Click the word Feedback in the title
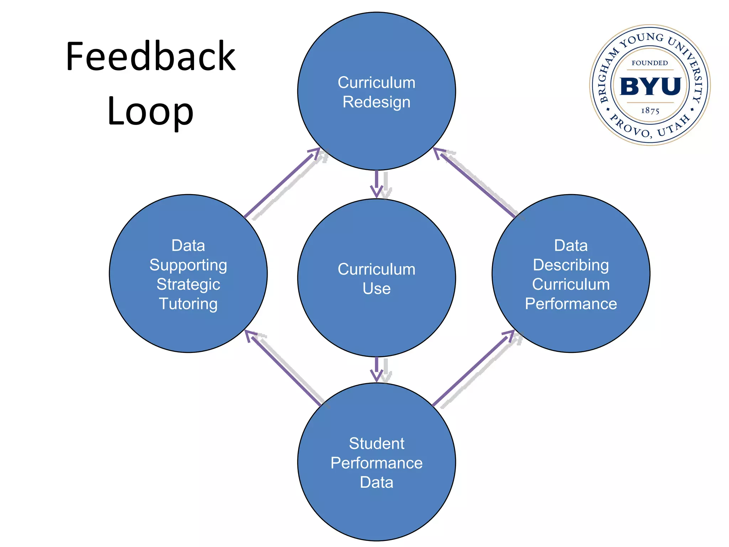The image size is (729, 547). pos(151,57)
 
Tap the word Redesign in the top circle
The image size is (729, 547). pos(376,102)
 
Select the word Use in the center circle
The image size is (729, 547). pos(376,289)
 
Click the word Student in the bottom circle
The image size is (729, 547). pos(376,444)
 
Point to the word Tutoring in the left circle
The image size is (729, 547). pos(188,304)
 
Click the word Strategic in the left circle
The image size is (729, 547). pos(188,285)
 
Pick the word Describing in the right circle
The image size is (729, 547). pos(571,265)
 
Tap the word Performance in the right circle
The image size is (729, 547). pos(571,304)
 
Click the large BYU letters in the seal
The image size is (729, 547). pos(650,87)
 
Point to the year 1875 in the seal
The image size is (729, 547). pos(650,111)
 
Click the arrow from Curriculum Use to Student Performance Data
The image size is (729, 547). pos(377,370)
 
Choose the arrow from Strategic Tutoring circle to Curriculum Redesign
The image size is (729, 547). pos(281,183)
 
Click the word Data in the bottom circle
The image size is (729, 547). pos(376,483)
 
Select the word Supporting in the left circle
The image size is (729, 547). pos(188,265)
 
